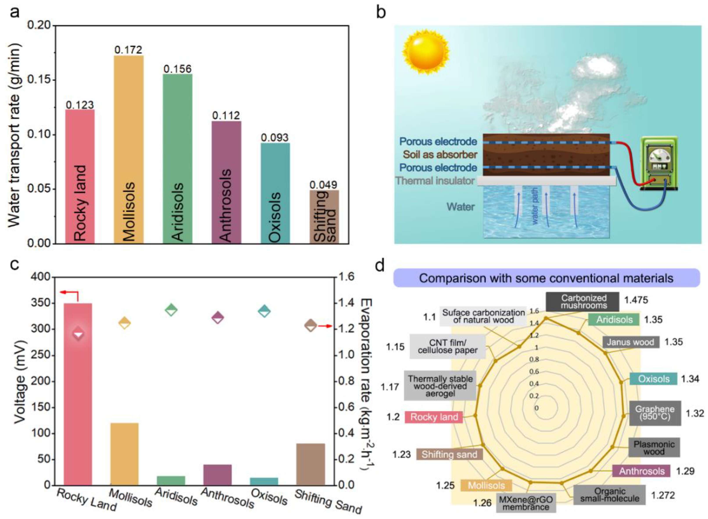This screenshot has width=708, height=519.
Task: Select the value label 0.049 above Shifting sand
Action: pyautogui.click(x=324, y=185)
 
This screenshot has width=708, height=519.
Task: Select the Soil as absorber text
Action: pyautogui.click(x=440, y=155)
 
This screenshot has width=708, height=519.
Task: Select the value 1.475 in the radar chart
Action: pyautogui.click(x=636, y=300)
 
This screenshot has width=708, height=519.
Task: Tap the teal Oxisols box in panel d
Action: pyautogui.click(x=653, y=379)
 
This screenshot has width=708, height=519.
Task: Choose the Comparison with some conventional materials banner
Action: pyautogui.click(x=546, y=278)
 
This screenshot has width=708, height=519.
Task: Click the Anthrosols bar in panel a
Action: pyautogui.click(x=227, y=182)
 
